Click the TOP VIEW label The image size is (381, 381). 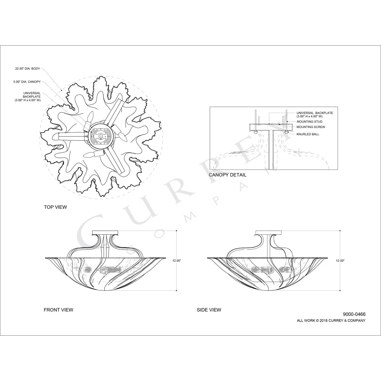[x=55, y=207]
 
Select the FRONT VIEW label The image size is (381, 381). [x=58, y=310]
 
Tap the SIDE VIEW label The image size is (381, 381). [x=209, y=310]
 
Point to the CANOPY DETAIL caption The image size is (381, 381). [x=227, y=175]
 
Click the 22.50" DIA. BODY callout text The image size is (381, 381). [x=27, y=69]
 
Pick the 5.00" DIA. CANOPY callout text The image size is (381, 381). [x=27, y=82]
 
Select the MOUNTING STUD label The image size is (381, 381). [x=309, y=122]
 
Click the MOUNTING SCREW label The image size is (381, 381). [x=311, y=127]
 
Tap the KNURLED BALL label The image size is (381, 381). [x=308, y=134]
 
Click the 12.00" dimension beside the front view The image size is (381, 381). [x=177, y=261]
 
